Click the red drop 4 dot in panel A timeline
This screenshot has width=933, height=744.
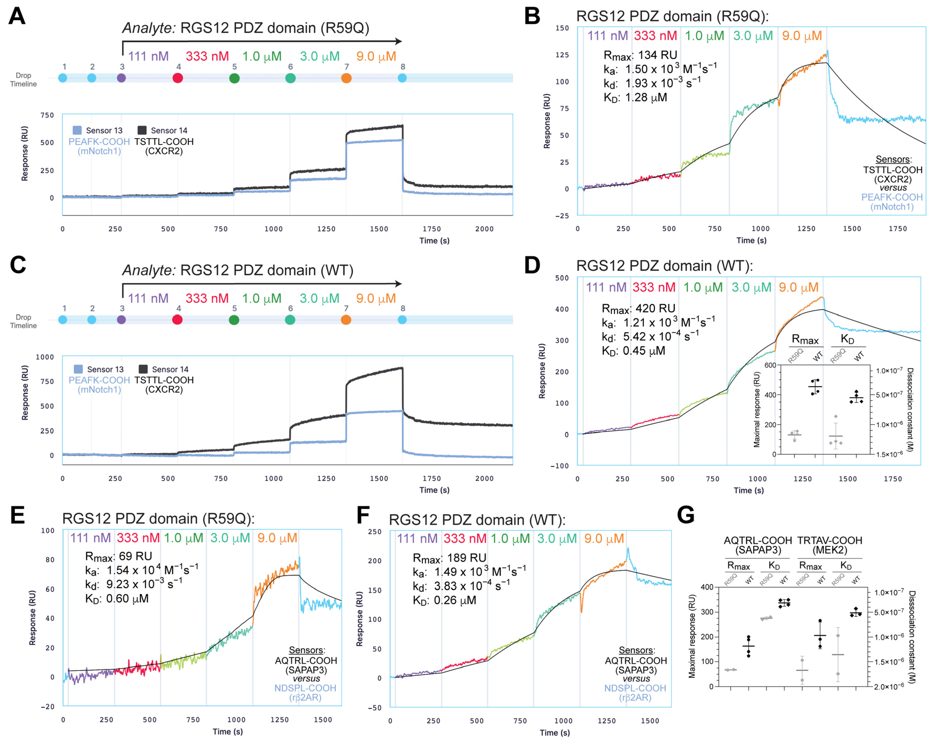(177, 78)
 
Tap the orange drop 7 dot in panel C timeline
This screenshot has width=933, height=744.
(346, 320)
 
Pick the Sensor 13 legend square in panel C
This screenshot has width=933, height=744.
(78, 369)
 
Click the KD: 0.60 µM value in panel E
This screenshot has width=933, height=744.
(117, 599)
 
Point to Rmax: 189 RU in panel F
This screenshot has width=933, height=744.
(449, 558)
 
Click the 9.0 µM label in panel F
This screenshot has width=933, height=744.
(604, 538)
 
